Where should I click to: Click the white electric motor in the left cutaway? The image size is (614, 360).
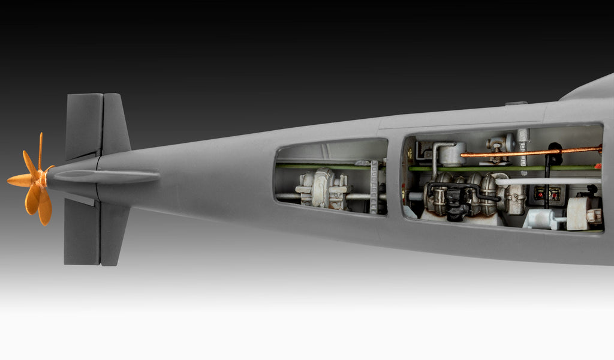tap(323, 188)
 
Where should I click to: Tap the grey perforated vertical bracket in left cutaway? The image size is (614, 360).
tap(375, 187)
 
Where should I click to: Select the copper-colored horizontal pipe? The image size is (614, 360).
tap(528, 152)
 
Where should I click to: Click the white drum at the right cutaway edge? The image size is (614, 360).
tap(579, 213)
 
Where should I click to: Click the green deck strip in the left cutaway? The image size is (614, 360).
tap(324, 166)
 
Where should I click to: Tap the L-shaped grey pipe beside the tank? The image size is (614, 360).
tap(434, 156)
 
